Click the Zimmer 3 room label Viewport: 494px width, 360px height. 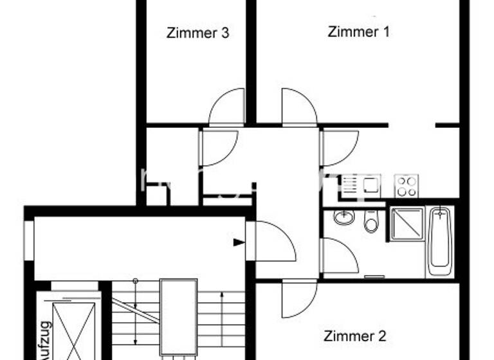click(197, 33)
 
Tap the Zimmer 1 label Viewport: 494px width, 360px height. click(358, 32)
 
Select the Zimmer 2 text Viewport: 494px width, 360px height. click(354, 336)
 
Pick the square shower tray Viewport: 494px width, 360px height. click(407, 224)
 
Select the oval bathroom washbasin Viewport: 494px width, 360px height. click(344, 217)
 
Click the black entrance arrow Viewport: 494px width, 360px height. click(239, 242)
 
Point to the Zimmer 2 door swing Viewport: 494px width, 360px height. click(298, 299)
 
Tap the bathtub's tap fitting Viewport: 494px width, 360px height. click(441, 212)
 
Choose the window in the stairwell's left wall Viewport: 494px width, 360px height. click(28, 240)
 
